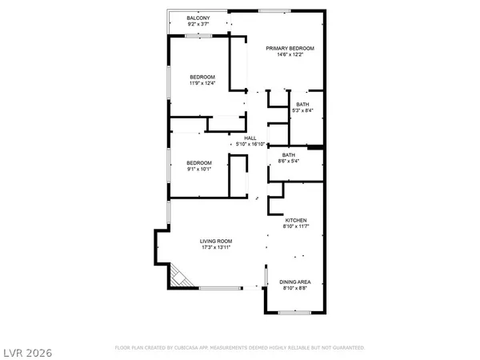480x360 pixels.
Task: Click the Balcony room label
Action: point(198,18)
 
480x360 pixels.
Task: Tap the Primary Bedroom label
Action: point(290,48)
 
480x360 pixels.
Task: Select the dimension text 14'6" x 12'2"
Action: point(290,54)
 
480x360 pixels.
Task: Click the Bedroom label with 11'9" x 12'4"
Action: point(202,77)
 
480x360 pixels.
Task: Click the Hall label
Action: point(250,138)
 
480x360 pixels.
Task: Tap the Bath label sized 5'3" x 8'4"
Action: point(302,104)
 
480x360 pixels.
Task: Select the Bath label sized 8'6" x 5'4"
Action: point(289,154)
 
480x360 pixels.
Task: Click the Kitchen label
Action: point(295,220)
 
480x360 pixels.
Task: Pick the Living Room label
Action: point(216,241)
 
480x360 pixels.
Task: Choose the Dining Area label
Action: point(295,282)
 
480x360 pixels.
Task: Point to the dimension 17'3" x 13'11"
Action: point(216,247)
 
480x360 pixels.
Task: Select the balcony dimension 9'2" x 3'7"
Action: point(198,24)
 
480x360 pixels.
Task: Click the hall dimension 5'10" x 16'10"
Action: point(250,144)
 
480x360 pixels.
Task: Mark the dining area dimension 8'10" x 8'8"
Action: point(295,288)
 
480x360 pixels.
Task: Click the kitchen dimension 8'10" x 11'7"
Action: point(295,226)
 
